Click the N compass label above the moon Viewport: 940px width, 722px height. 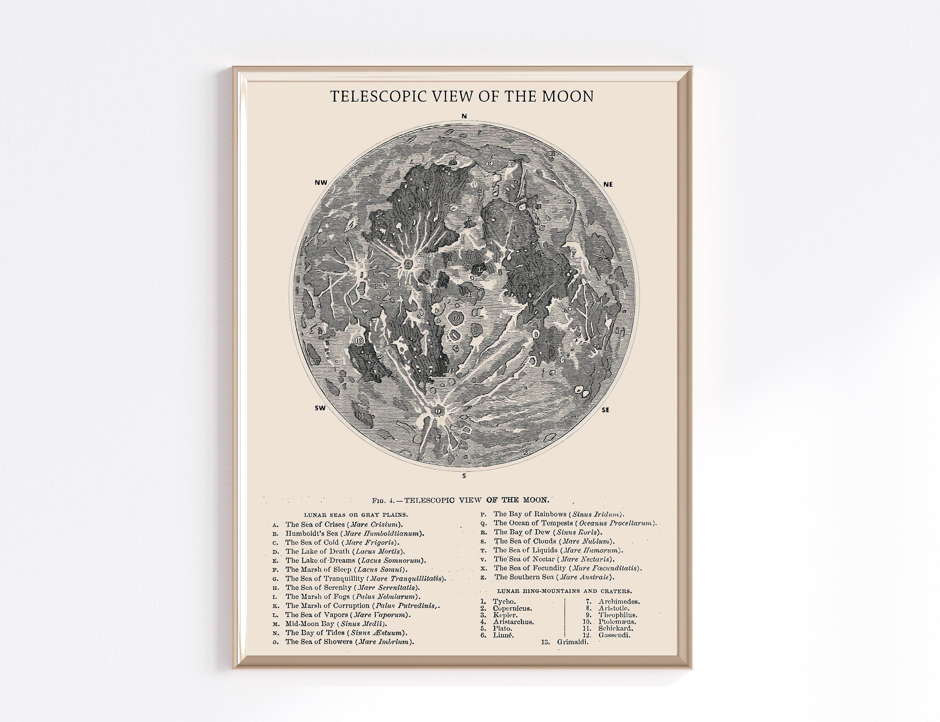coord(464,116)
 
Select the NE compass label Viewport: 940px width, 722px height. coord(608,184)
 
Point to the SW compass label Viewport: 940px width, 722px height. coord(320,408)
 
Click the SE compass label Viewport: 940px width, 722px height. coord(605,410)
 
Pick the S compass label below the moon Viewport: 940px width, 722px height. coord(464,476)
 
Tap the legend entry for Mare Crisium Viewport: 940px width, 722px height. coord(344,524)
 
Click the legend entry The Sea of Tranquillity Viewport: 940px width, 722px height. coord(365,579)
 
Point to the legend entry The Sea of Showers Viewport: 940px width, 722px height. coord(349,641)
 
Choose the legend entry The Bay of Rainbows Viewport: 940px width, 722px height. coord(558,514)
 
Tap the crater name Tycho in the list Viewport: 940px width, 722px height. coord(504,602)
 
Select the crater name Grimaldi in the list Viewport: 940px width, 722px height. coord(572,642)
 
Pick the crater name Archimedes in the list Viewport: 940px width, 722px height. coord(619,602)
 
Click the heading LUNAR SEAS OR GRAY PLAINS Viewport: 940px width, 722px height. coord(356,514)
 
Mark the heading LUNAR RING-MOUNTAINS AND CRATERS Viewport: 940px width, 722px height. coord(564,591)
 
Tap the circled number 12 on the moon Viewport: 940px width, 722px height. coord(359,340)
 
